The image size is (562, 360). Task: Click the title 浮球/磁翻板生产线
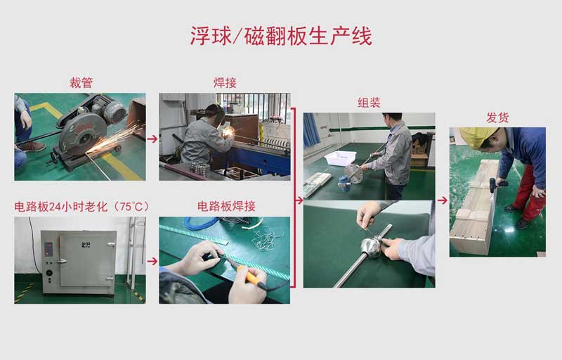point(281,36)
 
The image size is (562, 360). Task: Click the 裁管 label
point(80,83)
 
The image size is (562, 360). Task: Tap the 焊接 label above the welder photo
point(225,83)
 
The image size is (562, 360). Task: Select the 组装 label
point(369,103)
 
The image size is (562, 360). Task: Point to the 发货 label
point(497,117)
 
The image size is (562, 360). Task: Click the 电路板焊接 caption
point(226,206)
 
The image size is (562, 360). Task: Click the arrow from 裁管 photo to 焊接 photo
point(152,139)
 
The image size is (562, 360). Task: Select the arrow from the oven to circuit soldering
point(152,261)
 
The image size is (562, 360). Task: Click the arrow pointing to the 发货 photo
point(442,200)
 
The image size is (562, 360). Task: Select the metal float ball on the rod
point(370,246)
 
